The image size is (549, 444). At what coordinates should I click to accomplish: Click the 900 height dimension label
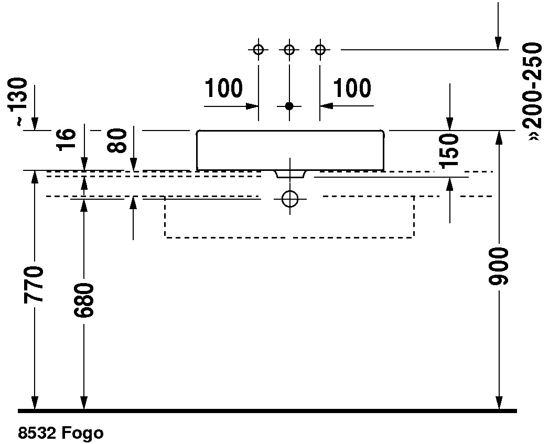[x=498, y=266]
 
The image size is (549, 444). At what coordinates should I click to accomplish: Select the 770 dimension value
[x=34, y=284]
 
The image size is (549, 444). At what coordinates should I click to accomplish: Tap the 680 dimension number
[x=84, y=300]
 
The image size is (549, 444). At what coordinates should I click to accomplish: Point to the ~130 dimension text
[x=17, y=102]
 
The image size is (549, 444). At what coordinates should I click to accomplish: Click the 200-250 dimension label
[x=533, y=92]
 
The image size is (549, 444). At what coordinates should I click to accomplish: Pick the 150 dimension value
[x=449, y=150]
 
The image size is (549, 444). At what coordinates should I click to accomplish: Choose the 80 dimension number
[x=117, y=140]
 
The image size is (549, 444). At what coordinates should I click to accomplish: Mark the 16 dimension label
[x=67, y=139]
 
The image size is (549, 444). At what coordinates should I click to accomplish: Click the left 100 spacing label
[x=223, y=88]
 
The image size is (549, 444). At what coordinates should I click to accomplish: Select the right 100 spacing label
[x=352, y=88]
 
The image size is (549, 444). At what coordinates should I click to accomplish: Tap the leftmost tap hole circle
[x=259, y=50]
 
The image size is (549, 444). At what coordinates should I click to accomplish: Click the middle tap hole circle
[x=289, y=50]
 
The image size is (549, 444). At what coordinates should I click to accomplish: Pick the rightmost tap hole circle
[x=320, y=50]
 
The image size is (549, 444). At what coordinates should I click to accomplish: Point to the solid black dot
[x=289, y=106]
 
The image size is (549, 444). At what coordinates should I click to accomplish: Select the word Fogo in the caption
[x=83, y=434]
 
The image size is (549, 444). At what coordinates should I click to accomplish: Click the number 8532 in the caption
[x=37, y=433]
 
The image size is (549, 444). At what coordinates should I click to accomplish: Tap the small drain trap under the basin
[x=290, y=175]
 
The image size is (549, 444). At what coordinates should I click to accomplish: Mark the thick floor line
[x=267, y=410]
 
